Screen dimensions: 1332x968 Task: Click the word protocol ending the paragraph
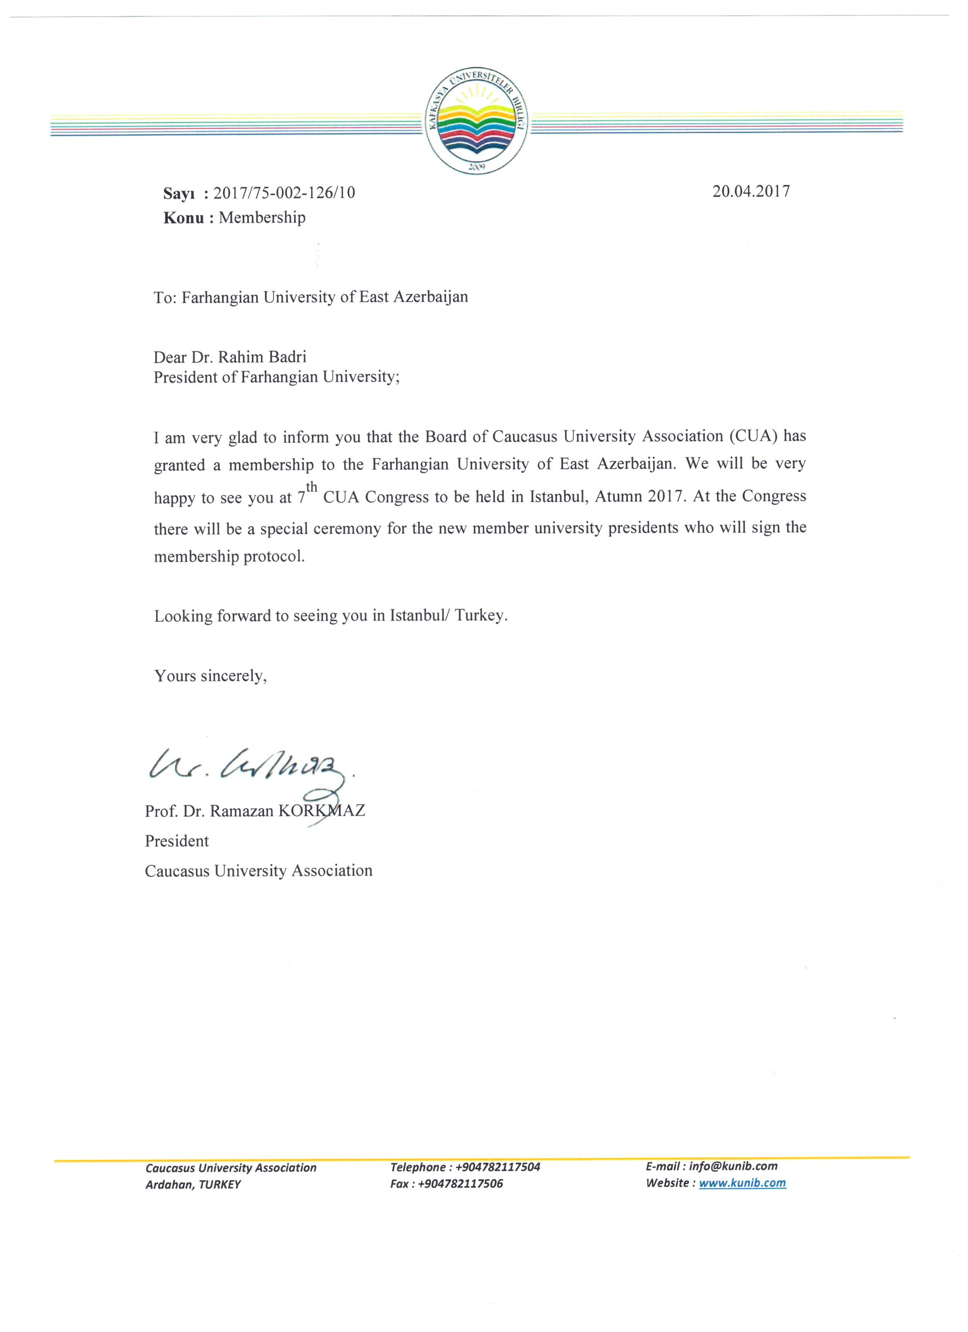[274, 556]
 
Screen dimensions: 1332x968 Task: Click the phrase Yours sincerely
[210, 675]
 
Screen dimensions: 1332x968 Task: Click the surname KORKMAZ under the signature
[321, 811]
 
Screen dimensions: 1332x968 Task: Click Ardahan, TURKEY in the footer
[193, 1185]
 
